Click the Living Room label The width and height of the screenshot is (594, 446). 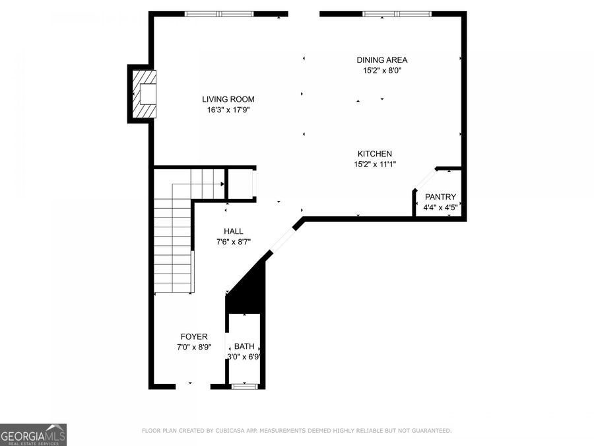pos(228,99)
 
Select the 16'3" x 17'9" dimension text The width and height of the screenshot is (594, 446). pos(228,110)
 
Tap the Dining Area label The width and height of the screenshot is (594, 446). pos(381,60)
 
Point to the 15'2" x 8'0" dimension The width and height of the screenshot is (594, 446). pos(381,71)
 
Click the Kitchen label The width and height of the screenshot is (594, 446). pos(375,154)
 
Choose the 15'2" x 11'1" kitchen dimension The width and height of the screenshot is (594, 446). pos(375,165)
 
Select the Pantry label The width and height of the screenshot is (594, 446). pos(440,197)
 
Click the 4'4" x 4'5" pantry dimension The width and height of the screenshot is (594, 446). pos(440,207)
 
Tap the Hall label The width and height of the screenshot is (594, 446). pos(233,231)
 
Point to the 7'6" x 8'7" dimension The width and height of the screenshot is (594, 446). pos(233,242)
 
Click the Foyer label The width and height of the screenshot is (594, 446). pos(194,337)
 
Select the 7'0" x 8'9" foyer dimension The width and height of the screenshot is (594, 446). pos(194,348)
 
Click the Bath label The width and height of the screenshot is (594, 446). pos(244,346)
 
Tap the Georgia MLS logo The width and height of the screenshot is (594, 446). pos(33,435)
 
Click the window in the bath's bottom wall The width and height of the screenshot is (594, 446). pos(244,386)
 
